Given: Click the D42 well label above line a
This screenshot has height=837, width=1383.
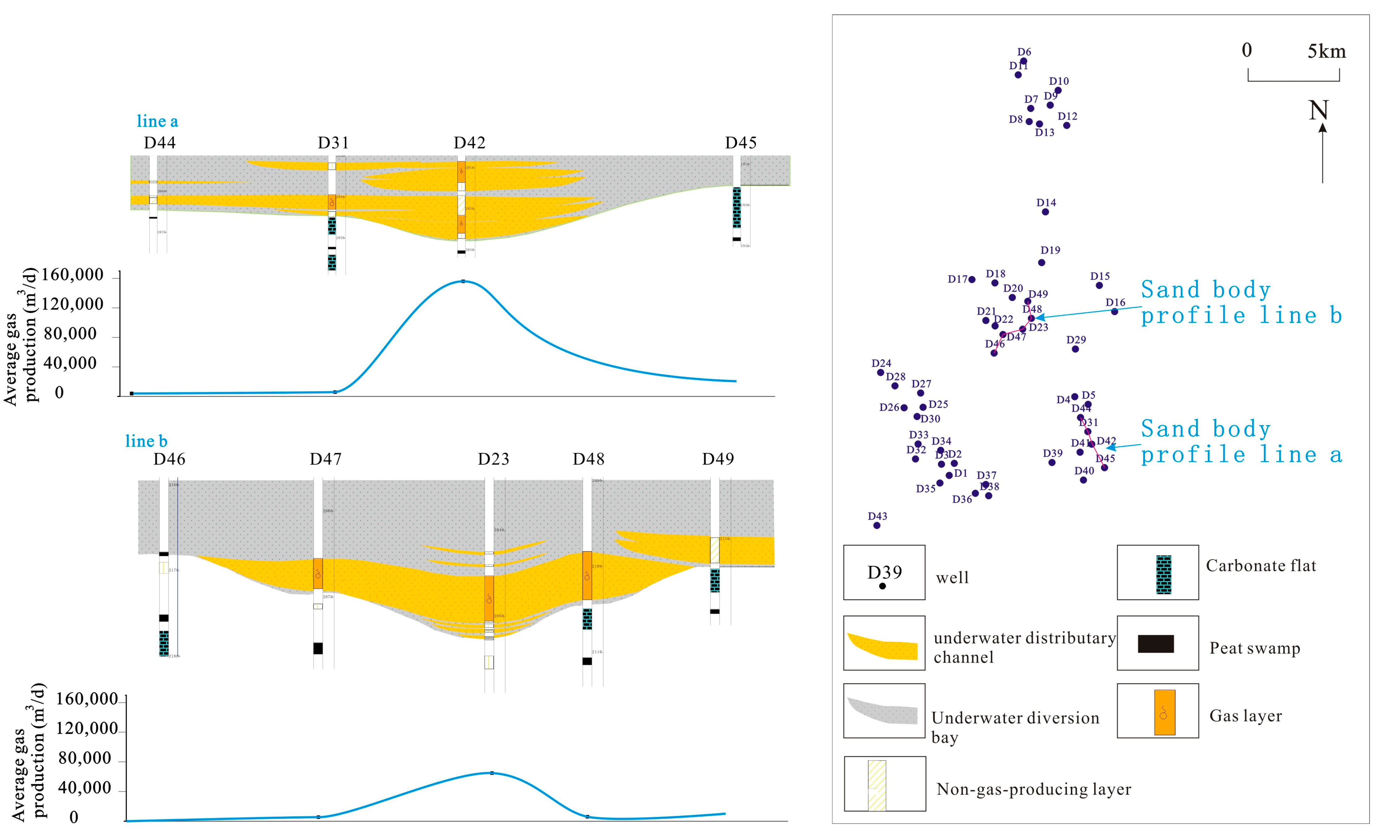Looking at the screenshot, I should pos(469,143).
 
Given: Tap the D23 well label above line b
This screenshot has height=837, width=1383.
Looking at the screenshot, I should pos(493,459).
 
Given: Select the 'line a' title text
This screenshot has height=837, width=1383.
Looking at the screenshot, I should pos(157,121).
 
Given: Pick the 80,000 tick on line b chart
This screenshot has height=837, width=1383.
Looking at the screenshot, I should pos(85,758).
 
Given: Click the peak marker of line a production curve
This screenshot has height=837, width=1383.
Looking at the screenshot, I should pos(463,281).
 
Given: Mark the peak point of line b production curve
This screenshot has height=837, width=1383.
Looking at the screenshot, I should pos(492,773).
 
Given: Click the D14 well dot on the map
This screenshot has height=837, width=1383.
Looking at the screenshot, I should pos(1045,212).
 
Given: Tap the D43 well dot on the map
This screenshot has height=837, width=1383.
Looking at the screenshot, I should pos(877,525).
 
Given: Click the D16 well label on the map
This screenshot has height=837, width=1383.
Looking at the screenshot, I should pos(1115,303).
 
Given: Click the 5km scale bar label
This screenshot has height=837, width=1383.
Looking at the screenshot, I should pos(1326,52).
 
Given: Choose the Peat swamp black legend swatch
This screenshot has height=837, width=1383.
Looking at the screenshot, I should pos(1156,644).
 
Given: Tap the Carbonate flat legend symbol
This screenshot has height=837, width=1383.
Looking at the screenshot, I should pos(1163,574).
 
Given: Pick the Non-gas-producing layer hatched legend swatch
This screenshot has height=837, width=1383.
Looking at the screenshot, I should pos(877,785).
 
